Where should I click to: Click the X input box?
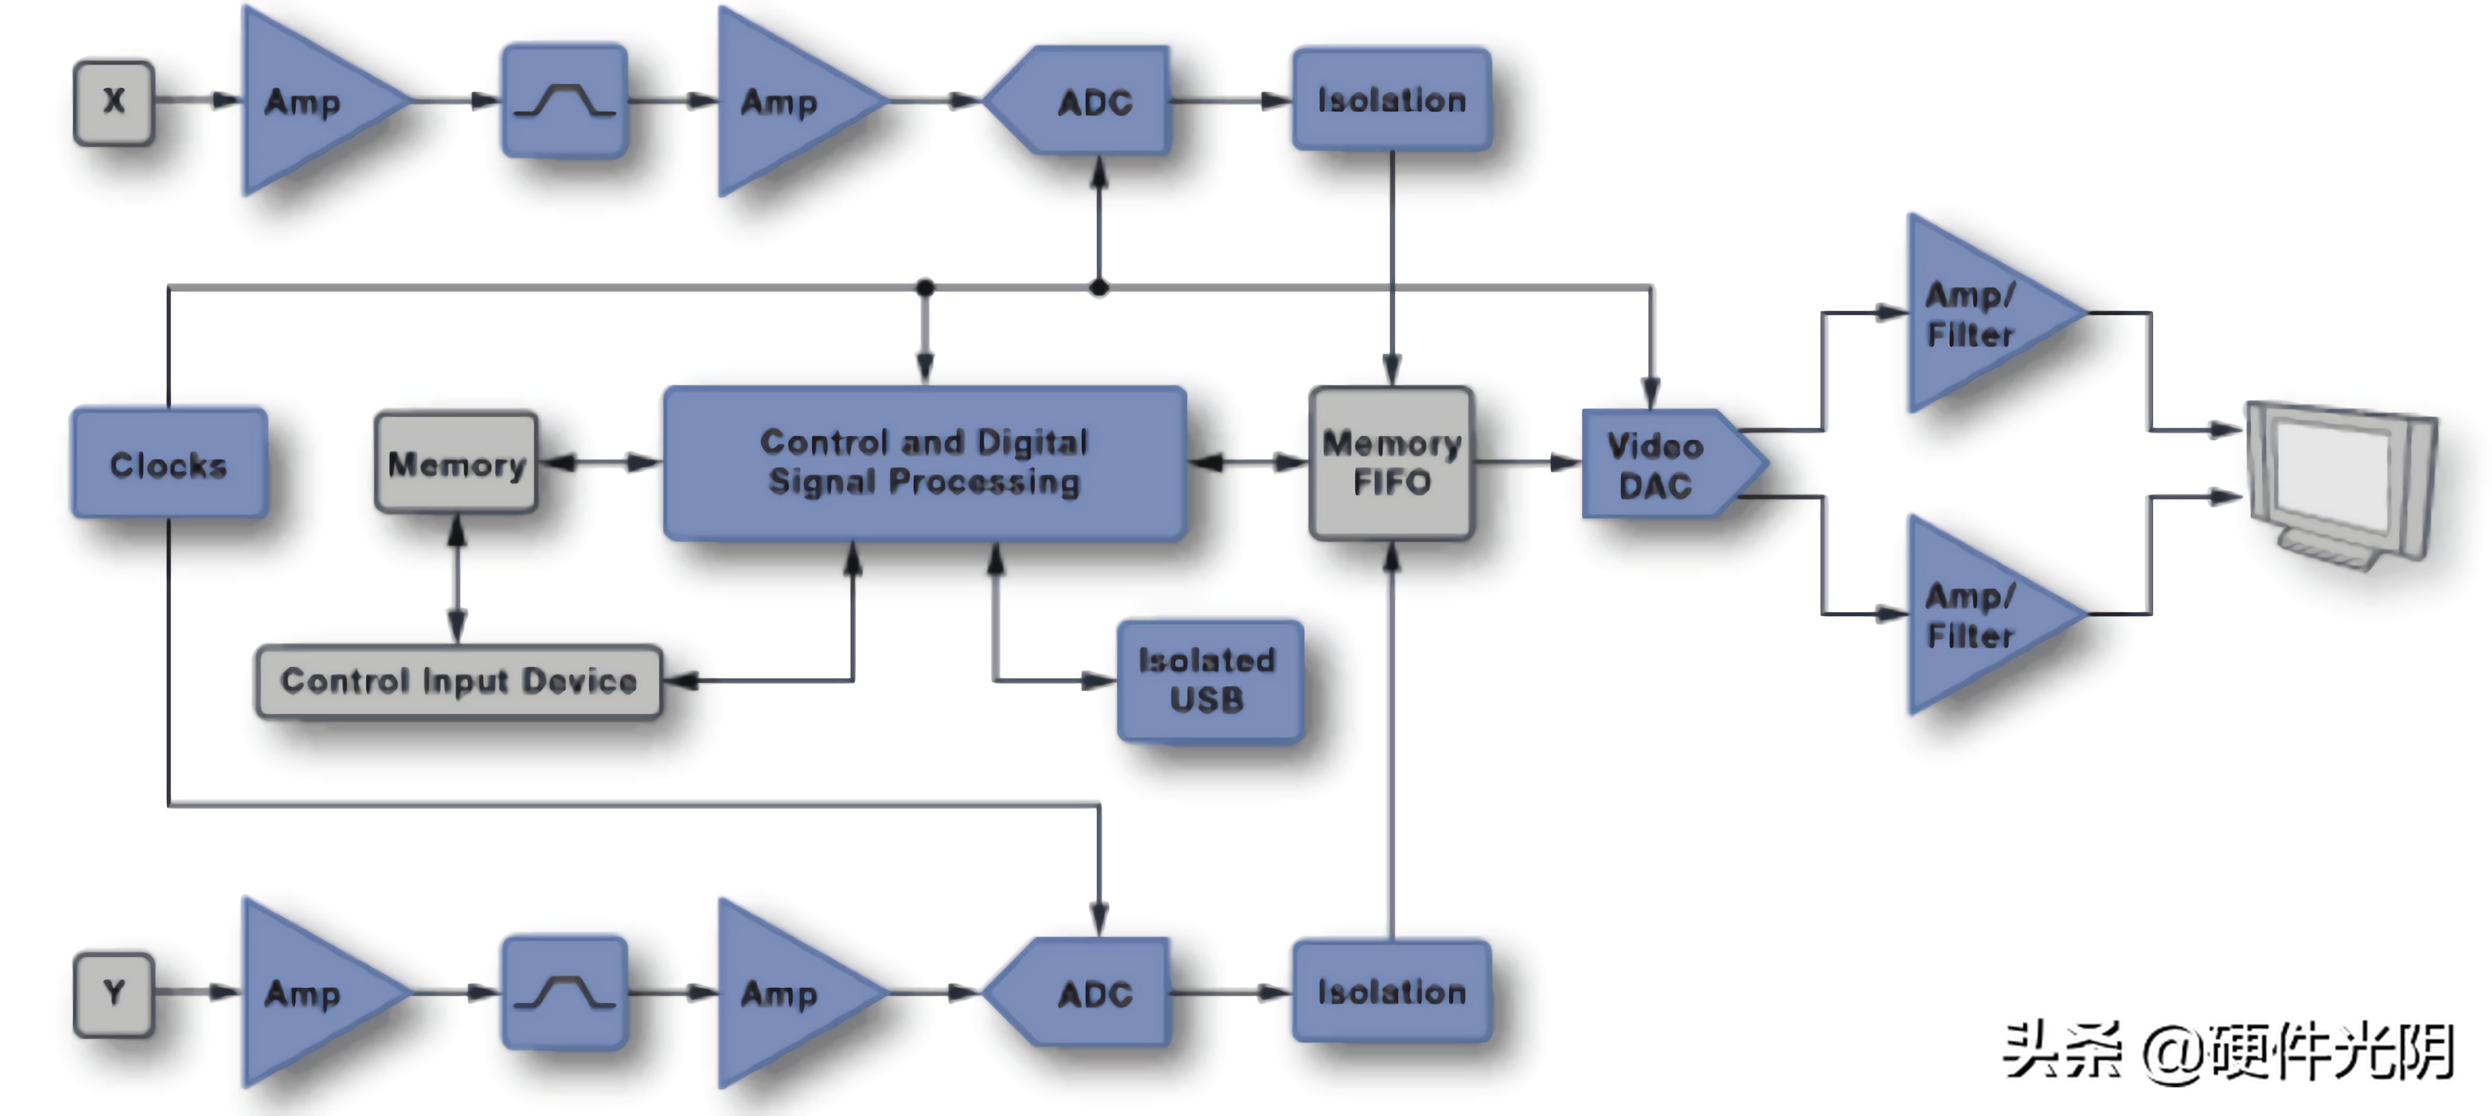click(x=113, y=101)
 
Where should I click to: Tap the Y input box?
click(x=113, y=993)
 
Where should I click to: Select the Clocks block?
click(x=168, y=464)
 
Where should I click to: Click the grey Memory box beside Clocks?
click(x=456, y=463)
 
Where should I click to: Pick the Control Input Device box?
click(x=458, y=682)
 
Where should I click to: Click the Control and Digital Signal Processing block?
click(x=924, y=463)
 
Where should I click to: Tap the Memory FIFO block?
click(x=1390, y=463)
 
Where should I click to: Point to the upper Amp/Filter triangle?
click(x=1974, y=315)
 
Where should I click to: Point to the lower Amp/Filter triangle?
click(x=1974, y=615)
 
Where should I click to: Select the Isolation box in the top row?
click(x=1391, y=100)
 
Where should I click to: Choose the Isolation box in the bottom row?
click(x=1391, y=991)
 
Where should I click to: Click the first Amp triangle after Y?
click(x=309, y=993)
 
